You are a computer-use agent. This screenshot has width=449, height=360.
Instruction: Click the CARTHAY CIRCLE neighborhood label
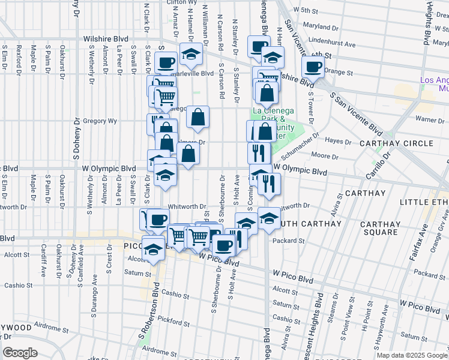pyautogui.click(x=396, y=143)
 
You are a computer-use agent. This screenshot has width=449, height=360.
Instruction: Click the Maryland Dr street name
pyautogui.click(x=318, y=27)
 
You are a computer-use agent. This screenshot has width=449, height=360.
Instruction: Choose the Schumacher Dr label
pyautogui.click(x=309, y=142)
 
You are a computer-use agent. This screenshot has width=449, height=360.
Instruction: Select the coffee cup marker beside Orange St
pyautogui.click(x=312, y=67)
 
